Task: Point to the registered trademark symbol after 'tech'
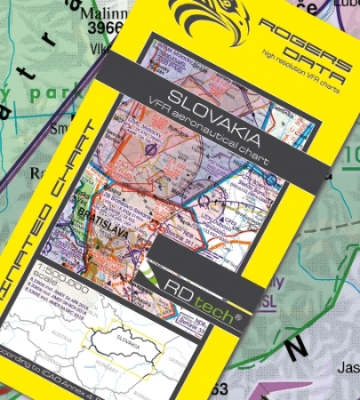pos(236,313)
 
